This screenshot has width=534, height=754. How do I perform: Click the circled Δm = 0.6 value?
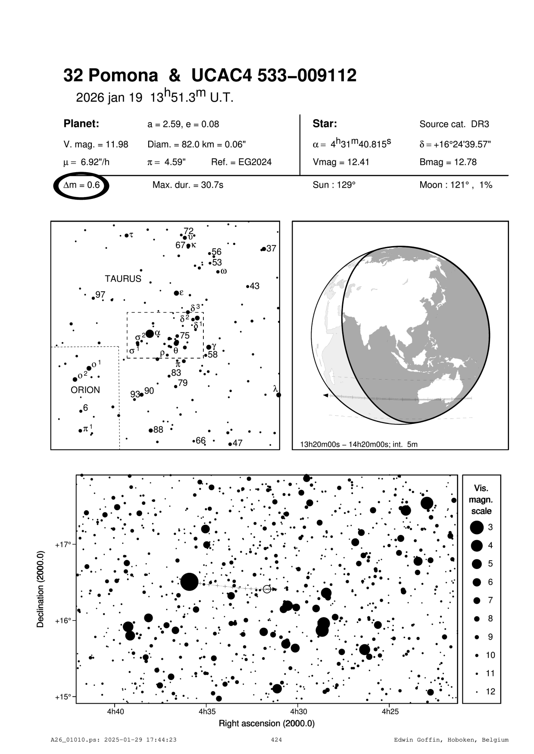click(81, 185)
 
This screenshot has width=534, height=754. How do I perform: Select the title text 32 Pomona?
click(111, 76)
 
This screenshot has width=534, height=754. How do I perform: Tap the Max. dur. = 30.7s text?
click(188, 185)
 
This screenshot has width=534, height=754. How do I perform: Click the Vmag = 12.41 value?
click(341, 162)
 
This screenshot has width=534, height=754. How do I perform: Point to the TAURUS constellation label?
click(123, 279)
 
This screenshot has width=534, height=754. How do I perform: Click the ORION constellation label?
click(85, 390)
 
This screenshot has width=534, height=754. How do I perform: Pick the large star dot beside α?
click(150, 334)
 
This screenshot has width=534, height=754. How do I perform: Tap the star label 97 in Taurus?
click(100, 295)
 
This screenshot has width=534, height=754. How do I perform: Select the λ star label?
click(275, 389)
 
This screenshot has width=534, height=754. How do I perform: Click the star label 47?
click(237, 443)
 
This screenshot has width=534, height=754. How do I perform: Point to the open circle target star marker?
click(267, 589)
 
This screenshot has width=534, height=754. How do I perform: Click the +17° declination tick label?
click(63, 544)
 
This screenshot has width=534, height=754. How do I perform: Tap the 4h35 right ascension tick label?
click(207, 712)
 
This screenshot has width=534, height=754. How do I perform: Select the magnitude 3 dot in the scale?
click(477, 527)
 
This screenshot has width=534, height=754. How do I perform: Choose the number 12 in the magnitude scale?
click(490, 692)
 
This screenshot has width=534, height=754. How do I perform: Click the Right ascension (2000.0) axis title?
click(267, 723)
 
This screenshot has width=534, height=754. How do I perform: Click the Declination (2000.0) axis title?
click(41, 589)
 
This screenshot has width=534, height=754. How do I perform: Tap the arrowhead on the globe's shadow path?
click(326, 395)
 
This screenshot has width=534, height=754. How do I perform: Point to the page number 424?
click(276, 740)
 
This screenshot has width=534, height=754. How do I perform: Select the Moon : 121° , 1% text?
click(456, 185)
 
